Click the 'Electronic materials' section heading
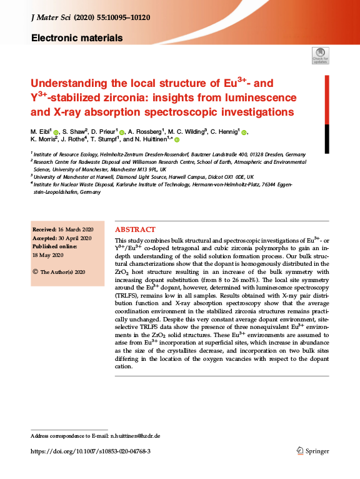click(76, 38)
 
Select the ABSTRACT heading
click(135, 229)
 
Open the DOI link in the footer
click(90, 451)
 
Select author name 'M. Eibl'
click(41, 133)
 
